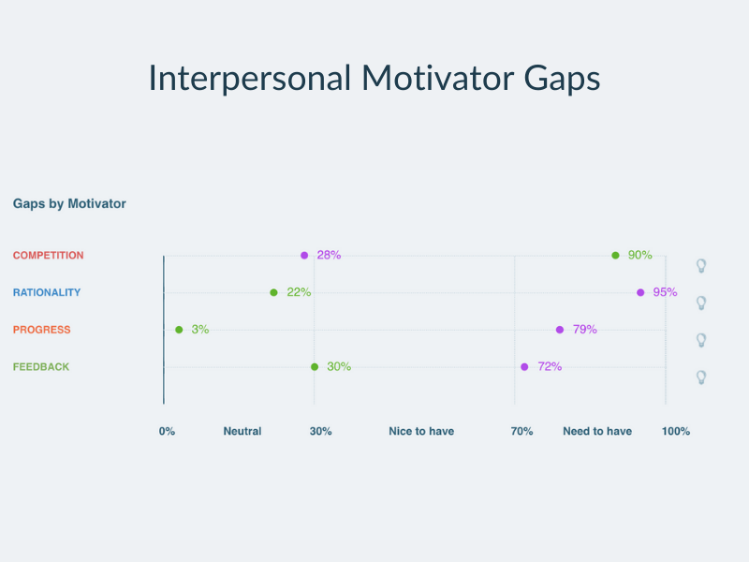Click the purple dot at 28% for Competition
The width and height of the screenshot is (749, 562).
click(304, 255)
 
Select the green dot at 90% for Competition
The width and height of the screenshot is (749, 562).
click(615, 255)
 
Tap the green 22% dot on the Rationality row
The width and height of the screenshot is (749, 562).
click(273, 292)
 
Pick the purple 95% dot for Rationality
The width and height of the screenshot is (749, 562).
click(640, 292)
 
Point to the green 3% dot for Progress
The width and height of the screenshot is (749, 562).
click(179, 330)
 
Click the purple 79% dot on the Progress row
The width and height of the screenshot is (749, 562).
click(560, 330)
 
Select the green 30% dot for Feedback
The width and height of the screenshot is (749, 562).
click(315, 367)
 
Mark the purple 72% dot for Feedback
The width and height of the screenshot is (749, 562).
click(524, 367)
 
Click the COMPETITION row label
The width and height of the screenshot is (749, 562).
click(49, 255)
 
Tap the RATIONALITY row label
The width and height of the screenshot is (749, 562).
click(47, 292)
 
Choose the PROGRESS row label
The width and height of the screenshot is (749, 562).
click(41, 330)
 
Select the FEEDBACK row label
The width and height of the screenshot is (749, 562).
click(41, 367)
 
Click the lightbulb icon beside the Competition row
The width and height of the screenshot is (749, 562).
click(701, 266)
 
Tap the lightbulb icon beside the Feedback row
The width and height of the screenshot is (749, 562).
click(701, 377)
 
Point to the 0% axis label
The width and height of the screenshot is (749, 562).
click(167, 432)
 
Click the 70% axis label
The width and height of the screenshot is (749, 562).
click(521, 432)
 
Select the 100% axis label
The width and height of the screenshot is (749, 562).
click(676, 432)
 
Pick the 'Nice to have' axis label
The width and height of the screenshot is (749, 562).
click(421, 432)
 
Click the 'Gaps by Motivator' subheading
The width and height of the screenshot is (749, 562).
click(69, 203)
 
